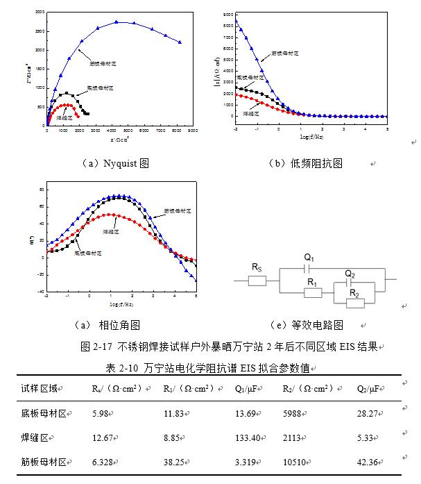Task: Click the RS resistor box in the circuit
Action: point(257,281)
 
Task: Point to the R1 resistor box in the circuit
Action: point(313,292)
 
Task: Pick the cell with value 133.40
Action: point(247,437)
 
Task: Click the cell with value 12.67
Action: point(104,437)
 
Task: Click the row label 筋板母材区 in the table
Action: point(45,462)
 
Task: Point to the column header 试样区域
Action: point(40,388)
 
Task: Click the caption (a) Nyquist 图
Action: point(117,164)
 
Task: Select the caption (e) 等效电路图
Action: point(307,324)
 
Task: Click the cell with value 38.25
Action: point(175,462)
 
